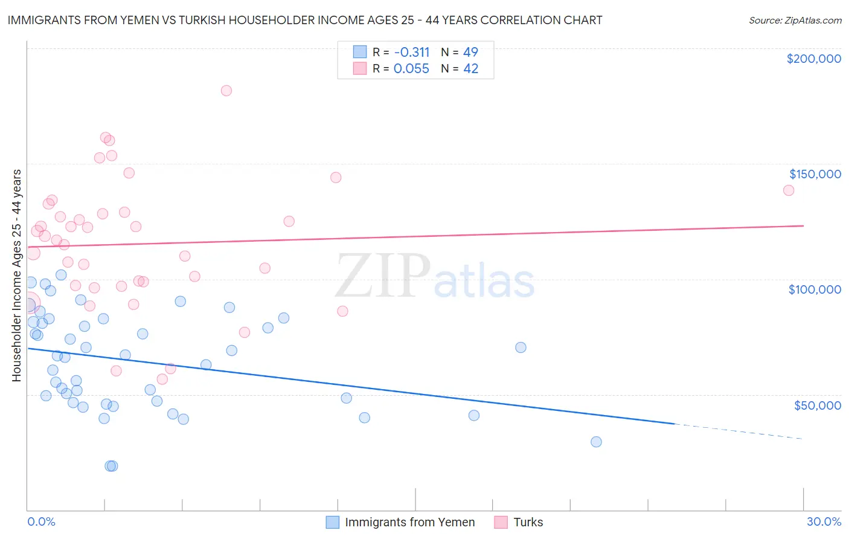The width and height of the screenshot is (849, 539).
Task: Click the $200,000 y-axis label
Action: [x=814, y=59]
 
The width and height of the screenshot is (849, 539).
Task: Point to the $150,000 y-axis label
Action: [x=815, y=174]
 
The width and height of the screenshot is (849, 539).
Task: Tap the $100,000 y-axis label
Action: [x=815, y=290]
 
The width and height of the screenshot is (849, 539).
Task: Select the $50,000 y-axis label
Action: [x=818, y=405]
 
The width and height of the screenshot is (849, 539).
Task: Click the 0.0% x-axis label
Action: [x=41, y=521]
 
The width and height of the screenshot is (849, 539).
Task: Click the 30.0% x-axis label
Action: [x=824, y=521]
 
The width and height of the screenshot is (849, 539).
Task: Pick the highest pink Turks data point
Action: [x=226, y=91]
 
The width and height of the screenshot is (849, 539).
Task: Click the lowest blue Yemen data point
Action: [x=111, y=466]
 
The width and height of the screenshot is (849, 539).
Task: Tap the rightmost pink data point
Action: [x=789, y=190]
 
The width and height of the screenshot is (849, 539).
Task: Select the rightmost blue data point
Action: [x=596, y=442]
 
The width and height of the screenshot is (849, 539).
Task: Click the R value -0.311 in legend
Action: [x=412, y=52]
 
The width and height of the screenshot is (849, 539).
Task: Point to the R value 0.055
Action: [x=411, y=69]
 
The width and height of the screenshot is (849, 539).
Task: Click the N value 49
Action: [x=470, y=52]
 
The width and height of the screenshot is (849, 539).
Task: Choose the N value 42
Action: [x=471, y=69]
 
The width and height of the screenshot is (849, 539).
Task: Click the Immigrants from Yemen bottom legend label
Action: [x=410, y=522]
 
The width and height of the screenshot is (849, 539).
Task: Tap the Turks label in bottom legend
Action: [x=528, y=522]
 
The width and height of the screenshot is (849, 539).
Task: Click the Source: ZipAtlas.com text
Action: [x=795, y=20]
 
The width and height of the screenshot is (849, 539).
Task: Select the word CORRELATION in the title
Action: [x=521, y=20]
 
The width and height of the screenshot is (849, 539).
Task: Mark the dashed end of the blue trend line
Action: [x=803, y=439]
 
